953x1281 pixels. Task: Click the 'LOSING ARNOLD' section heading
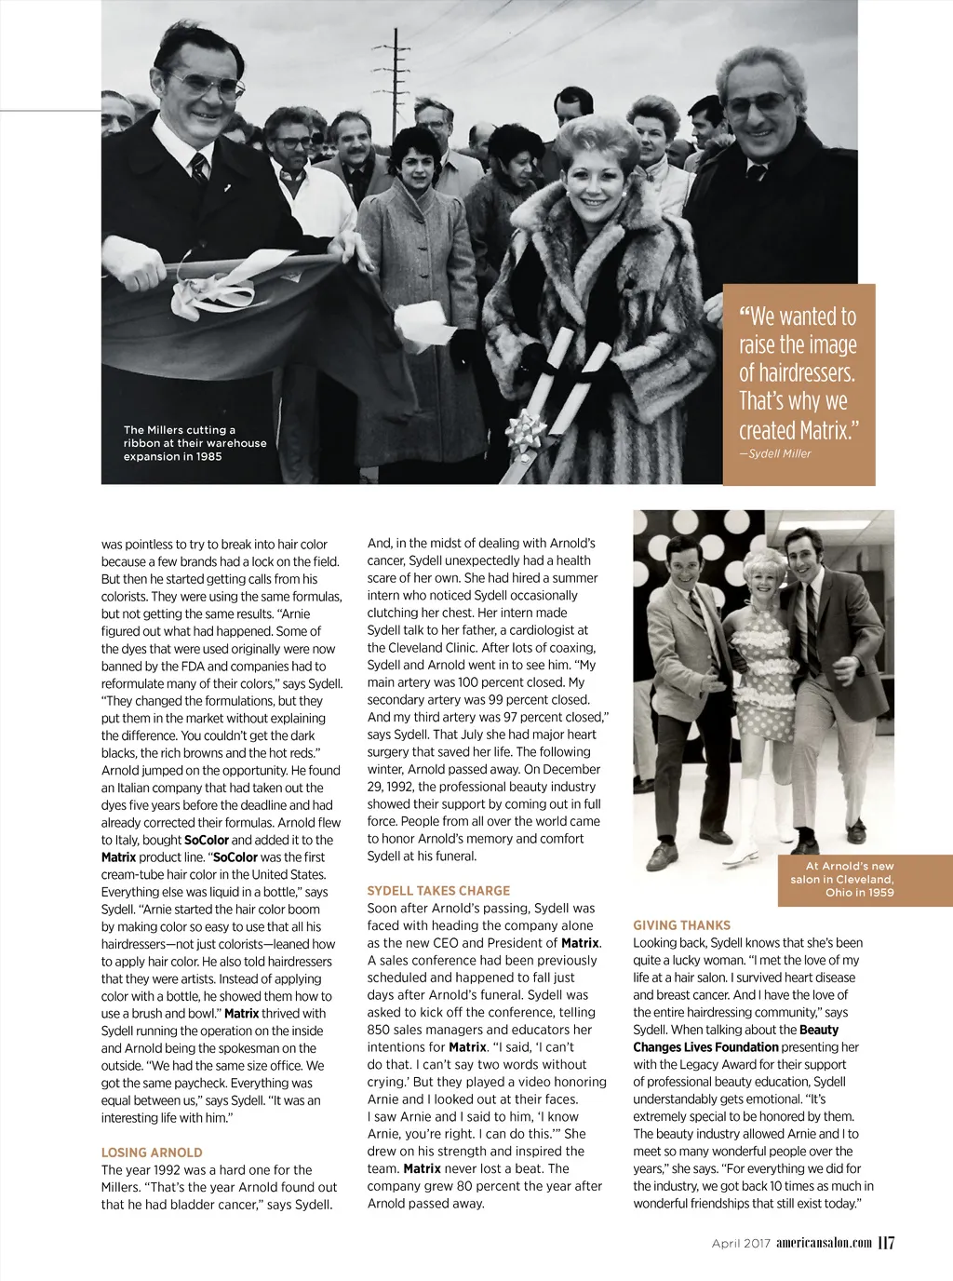(x=152, y=1153)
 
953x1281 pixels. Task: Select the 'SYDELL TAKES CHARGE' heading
(x=438, y=891)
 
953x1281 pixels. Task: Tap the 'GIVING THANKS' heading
(x=681, y=925)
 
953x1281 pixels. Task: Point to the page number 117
(x=886, y=1243)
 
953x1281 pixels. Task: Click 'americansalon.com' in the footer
(x=824, y=1243)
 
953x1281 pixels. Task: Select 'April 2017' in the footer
(x=741, y=1244)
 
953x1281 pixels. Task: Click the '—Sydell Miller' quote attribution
(x=775, y=454)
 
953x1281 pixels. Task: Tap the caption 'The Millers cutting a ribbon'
(x=195, y=443)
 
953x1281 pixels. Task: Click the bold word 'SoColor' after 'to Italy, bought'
(x=207, y=840)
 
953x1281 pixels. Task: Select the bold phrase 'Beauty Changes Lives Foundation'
(x=735, y=1038)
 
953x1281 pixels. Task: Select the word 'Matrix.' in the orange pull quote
(x=823, y=430)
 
